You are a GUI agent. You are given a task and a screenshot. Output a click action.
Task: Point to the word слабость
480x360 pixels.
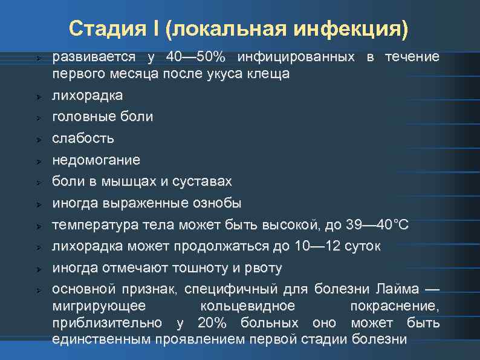point(83,139)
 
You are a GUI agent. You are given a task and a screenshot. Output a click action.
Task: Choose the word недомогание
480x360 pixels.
point(96,160)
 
